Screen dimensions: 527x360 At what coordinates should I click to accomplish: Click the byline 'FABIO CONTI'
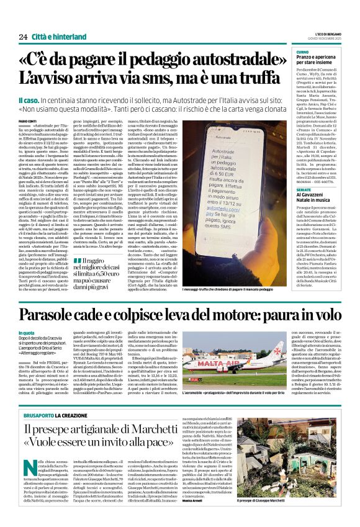point(27,120)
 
